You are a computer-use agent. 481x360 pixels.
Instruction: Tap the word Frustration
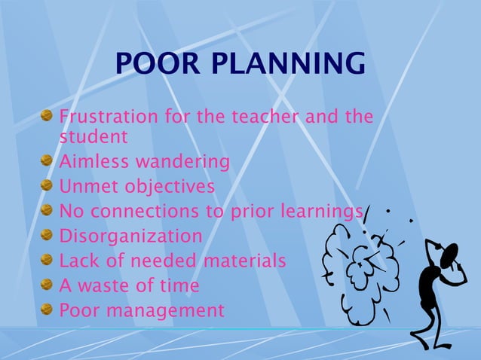pos(107,117)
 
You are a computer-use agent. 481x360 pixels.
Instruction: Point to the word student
pos(93,137)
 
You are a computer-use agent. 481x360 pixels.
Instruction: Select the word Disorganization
pos(130,236)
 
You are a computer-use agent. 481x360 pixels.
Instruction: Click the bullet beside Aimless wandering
pos(47,160)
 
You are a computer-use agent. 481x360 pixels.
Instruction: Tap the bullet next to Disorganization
pos(47,235)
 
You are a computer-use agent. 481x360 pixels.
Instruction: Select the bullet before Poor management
pos(47,309)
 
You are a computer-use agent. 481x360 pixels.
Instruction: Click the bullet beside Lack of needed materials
pos(47,260)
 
